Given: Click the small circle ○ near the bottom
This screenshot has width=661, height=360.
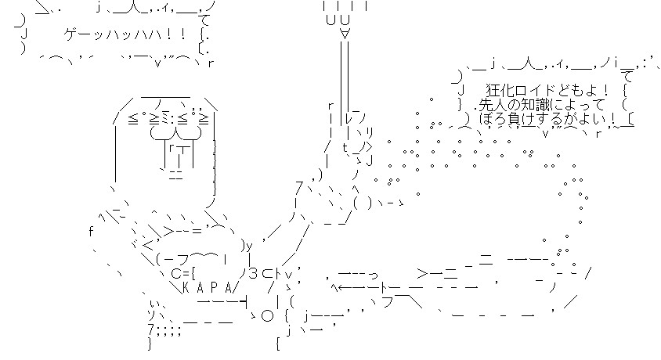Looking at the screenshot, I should click(x=266, y=316).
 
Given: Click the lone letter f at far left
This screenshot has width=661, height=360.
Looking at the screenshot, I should click(x=92, y=231).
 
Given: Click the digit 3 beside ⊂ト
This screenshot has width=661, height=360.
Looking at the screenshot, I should click(x=255, y=273).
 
